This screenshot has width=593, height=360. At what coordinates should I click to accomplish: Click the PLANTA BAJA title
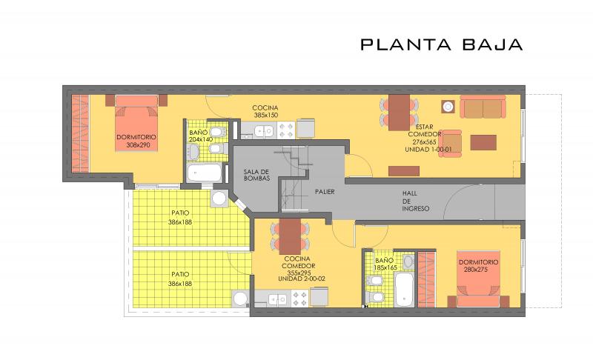(x=441, y=44)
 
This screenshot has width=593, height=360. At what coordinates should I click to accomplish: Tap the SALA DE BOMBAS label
(x=256, y=176)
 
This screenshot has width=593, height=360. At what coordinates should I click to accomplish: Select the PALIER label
(x=325, y=192)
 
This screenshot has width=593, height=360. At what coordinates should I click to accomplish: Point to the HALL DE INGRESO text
(x=415, y=201)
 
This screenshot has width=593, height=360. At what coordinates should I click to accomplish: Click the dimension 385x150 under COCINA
(x=266, y=116)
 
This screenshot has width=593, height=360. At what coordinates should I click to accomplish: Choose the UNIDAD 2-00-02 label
(x=302, y=279)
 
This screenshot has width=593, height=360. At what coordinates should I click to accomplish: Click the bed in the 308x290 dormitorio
(x=136, y=123)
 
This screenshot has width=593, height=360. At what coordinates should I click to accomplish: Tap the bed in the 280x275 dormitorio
(x=478, y=279)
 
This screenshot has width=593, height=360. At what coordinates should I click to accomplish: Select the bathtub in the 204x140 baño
(x=205, y=173)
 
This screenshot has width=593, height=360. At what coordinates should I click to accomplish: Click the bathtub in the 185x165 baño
(x=404, y=290)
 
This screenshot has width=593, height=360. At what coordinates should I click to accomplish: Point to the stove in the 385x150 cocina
(x=286, y=130)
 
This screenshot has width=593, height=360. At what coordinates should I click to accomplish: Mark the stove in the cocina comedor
(x=300, y=299)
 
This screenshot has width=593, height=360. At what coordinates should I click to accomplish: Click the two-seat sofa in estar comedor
(x=483, y=107)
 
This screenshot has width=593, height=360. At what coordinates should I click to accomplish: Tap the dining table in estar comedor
(x=399, y=113)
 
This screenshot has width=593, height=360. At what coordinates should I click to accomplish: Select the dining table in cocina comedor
(x=290, y=236)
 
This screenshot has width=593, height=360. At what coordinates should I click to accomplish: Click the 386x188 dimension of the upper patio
(x=180, y=222)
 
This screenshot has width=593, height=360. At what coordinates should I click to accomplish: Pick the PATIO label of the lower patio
(x=180, y=274)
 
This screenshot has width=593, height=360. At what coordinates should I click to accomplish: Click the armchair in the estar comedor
(x=451, y=143)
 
